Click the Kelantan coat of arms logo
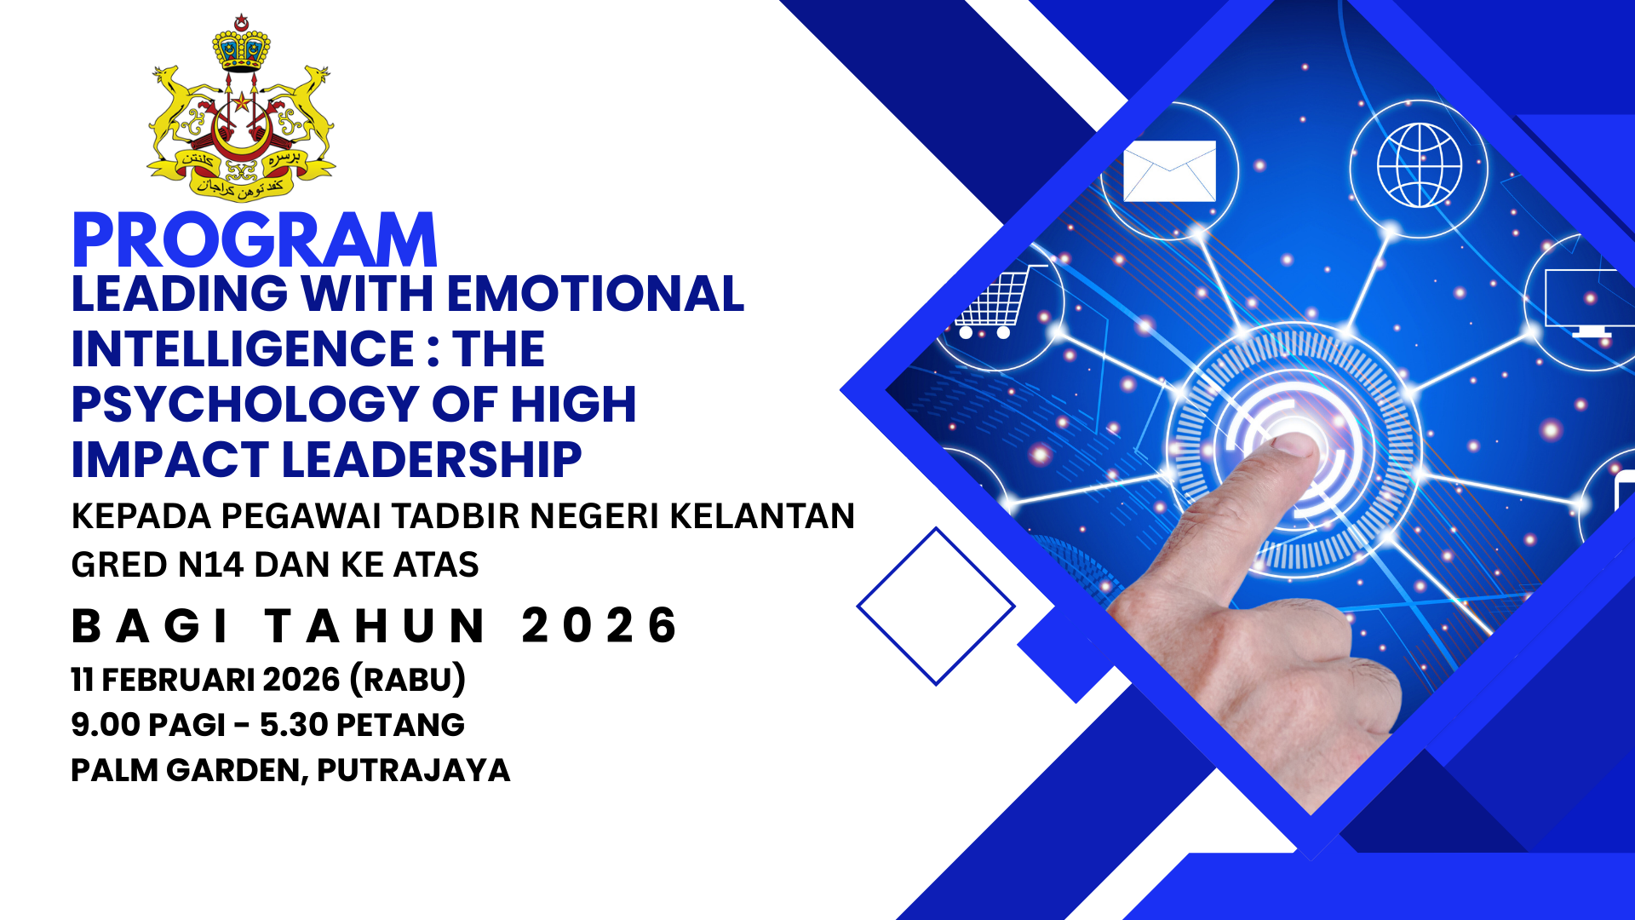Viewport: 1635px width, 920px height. [242, 108]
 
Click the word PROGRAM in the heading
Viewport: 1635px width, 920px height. [255, 241]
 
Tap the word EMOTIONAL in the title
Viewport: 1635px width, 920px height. [595, 294]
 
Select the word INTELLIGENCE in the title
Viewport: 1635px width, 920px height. [243, 349]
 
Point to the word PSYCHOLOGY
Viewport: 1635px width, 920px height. [245, 405]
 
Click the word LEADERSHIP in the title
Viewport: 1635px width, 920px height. [432, 460]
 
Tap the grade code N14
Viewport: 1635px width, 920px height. [211, 565]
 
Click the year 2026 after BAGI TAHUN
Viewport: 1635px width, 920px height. [599, 626]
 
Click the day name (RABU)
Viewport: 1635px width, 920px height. [408, 680]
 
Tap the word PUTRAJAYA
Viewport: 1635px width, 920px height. [414, 770]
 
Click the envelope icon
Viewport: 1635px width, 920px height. [1170, 171]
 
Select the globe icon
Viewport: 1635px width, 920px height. [1420, 165]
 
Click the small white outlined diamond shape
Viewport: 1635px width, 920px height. [936, 607]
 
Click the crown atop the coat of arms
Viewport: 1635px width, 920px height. [242, 42]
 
